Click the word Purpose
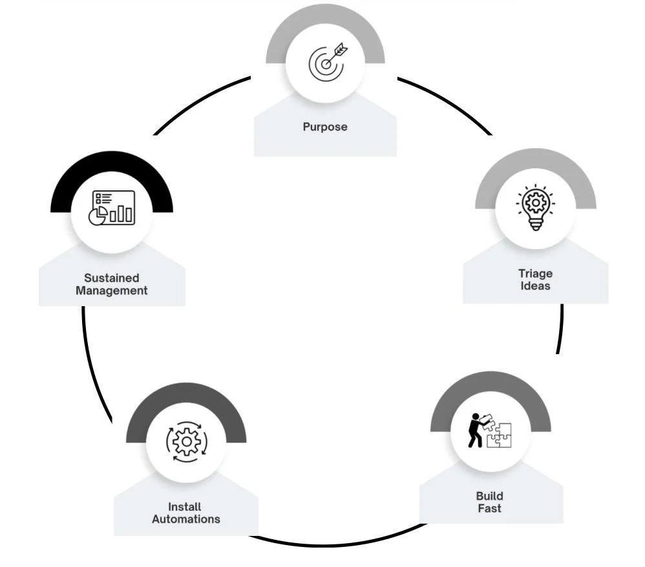[325, 127]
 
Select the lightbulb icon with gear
[535, 208]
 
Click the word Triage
[535, 273]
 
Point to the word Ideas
[535, 285]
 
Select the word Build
[489, 496]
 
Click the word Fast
[489, 509]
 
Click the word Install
[185, 507]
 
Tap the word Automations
[186, 519]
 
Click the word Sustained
[111, 278]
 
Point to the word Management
[111, 291]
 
